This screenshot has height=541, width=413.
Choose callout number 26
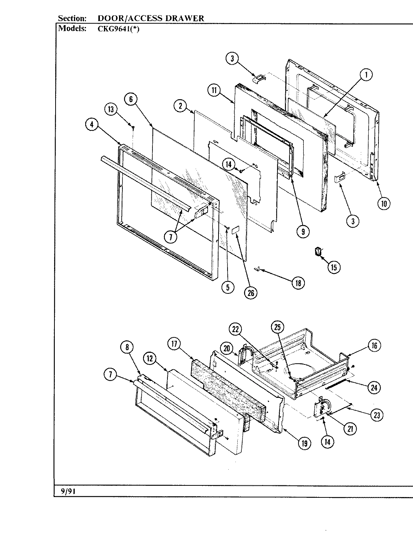point(250,292)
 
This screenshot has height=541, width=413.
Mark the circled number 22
point(236,329)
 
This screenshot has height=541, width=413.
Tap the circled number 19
point(304,443)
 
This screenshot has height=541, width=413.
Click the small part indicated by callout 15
point(318,251)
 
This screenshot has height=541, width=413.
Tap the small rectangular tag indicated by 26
point(236,230)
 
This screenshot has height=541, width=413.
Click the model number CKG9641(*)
point(118,29)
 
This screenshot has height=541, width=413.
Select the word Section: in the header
point(72,18)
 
